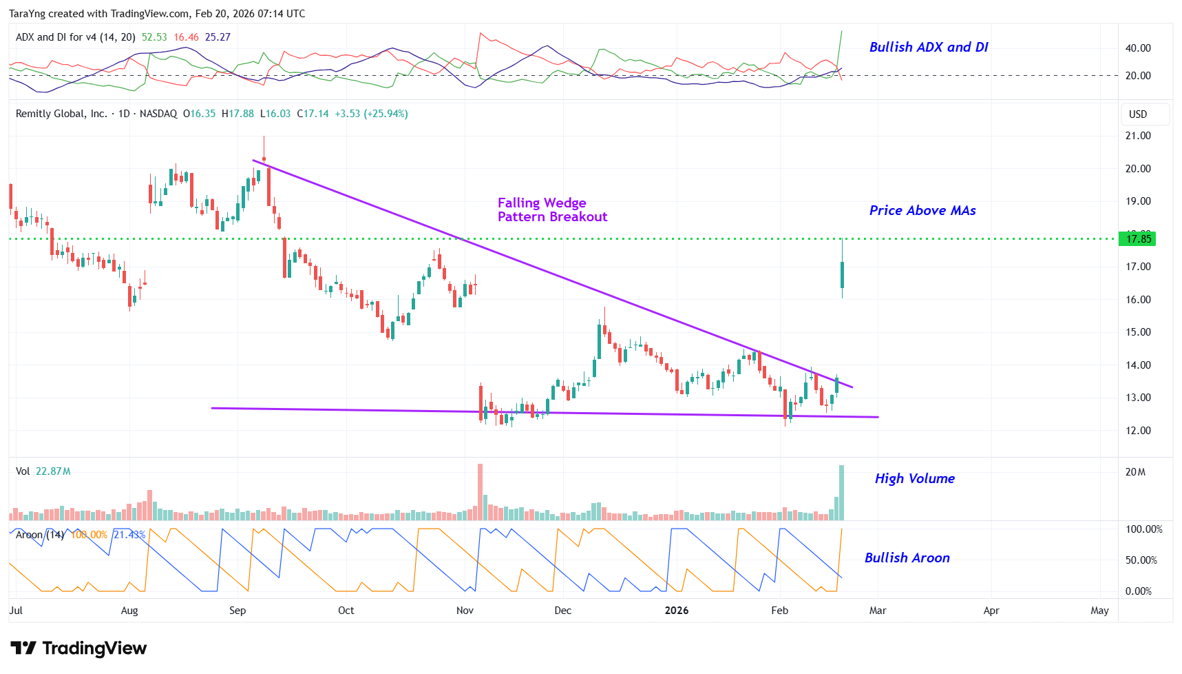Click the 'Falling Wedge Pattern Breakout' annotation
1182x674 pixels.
tap(552, 210)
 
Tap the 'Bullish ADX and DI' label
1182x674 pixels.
tap(928, 47)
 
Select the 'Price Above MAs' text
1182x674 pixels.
tap(922, 210)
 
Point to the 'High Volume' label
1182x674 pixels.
tap(914, 478)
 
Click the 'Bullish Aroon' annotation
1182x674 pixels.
tap(907, 558)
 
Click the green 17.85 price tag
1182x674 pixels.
tap(1137, 239)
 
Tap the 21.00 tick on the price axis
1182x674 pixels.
tap(1137, 136)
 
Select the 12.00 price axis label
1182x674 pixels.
tap(1137, 431)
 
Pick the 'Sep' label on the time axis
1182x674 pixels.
tap(238, 611)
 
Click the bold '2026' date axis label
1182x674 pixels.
tap(676, 611)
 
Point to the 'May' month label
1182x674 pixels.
tap(1099, 611)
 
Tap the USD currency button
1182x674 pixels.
tap(1137, 114)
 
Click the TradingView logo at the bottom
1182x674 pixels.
tap(78, 649)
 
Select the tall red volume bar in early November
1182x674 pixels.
tap(480, 492)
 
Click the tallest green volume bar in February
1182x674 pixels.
tap(841, 493)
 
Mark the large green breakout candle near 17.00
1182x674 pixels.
tap(842, 275)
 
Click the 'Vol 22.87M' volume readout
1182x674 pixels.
tap(43, 471)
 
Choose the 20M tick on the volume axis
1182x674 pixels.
tap(1135, 472)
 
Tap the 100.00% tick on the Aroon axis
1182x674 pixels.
tap(1143, 529)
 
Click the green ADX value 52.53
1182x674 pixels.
tap(154, 37)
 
